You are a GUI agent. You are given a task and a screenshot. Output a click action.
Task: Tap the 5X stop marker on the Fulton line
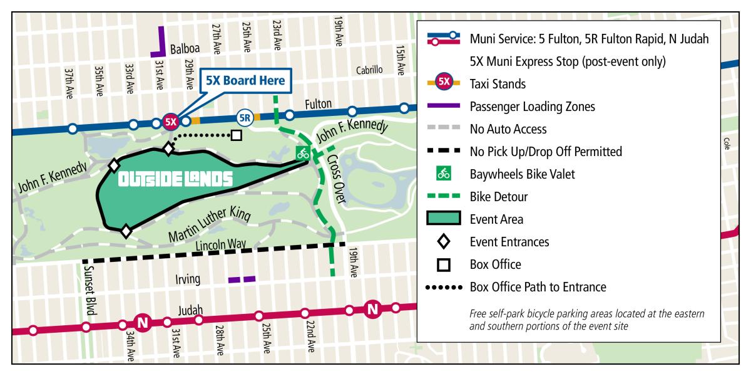(170, 122)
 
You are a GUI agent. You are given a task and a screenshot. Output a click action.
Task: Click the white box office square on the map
(236, 135)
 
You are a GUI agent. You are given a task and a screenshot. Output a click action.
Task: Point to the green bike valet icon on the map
(303, 152)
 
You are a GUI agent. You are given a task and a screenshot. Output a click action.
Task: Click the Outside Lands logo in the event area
(175, 180)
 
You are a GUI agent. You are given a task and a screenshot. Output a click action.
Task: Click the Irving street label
(188, 279)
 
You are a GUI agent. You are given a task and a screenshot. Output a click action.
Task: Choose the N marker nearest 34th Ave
(142, 323)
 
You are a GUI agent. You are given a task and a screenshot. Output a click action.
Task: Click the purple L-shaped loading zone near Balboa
(159, 44)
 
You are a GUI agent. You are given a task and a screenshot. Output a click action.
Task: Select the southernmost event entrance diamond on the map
(126, 231)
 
